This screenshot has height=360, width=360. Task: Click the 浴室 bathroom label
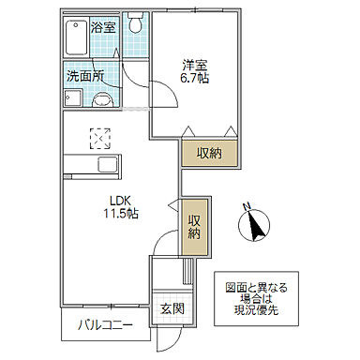(103, 28)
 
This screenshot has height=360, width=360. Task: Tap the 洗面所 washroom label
(83, 77)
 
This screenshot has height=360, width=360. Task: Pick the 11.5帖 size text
(120, 215)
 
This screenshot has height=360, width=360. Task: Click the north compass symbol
(253, 224)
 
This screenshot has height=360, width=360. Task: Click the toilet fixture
(136, 24)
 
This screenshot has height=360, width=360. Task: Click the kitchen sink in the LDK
(105, 168)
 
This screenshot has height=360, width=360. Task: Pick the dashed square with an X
(98, 138)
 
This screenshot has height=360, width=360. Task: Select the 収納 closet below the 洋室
(209, 153)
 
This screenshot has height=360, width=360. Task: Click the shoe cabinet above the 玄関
(187, 272)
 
